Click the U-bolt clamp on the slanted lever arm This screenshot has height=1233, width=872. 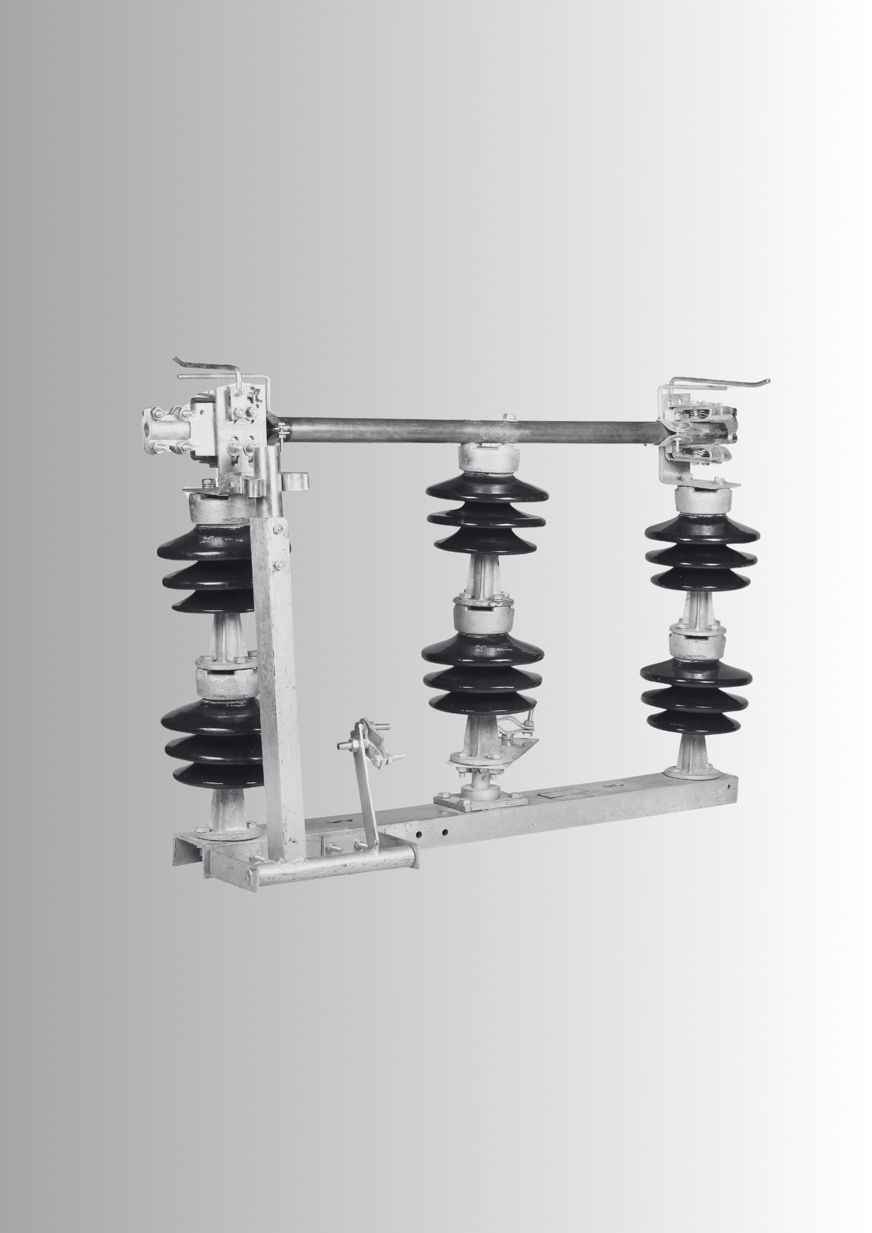(371, 733)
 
